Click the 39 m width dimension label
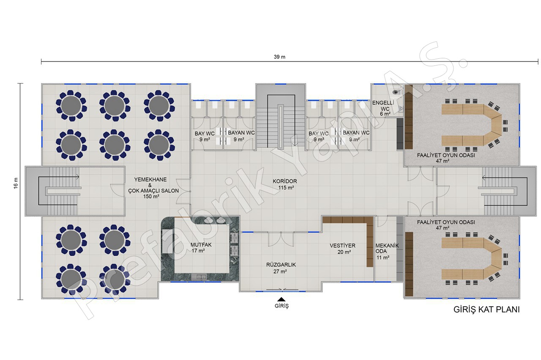pos(279,57)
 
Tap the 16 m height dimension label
pos(16,183)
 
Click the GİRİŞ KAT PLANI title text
pos(486,310)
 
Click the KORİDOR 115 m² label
pos(285,184)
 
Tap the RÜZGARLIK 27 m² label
pos(281,268)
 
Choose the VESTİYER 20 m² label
pos(343,249)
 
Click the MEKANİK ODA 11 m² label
pos(387,251)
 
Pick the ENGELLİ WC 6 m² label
pos(383,108)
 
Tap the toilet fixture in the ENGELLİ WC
pos(397,92)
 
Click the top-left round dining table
pos(71,106)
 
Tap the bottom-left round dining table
pos(71,280)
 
